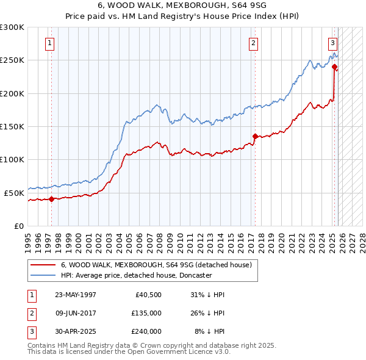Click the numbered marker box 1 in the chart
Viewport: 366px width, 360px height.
49,43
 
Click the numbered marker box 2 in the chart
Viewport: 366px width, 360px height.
253,43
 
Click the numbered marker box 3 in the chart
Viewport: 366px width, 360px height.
332,43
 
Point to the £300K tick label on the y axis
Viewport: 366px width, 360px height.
12,27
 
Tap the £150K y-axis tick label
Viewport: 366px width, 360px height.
12,126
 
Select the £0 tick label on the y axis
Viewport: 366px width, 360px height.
19,226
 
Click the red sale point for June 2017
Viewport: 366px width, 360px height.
255,136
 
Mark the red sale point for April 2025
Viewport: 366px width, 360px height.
334,67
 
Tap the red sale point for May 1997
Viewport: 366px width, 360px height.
52,199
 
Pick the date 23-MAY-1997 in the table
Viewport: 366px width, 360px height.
76,295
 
